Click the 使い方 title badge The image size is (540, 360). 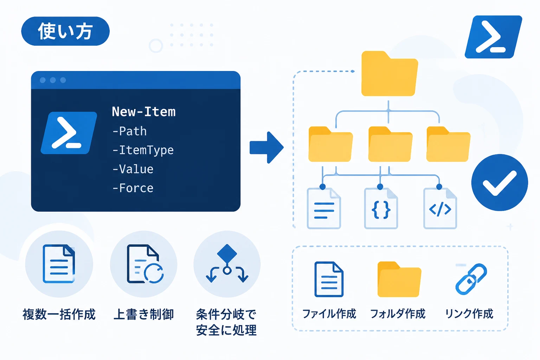(65, 31)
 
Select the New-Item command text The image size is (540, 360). (144, 112)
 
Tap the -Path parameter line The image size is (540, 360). (129, 131)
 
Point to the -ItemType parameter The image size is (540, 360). (143, 150)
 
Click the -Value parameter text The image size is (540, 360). (133, 169)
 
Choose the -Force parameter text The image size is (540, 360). (133, 188)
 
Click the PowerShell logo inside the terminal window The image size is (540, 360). (69, 133)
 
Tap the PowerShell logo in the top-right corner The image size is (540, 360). (493, 37)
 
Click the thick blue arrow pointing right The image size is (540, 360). (266, 148)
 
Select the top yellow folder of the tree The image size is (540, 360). (390, 73)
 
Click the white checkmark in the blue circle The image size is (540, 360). (500, 183)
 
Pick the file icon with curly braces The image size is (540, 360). (381, 208)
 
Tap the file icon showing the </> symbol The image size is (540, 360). (440, 208)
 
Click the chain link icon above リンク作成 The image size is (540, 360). (471, 279)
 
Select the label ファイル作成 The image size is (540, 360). (329, 314)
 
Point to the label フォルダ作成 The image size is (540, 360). (398, 314)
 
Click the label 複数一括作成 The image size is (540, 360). (59, 314)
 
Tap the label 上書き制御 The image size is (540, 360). (144, 314)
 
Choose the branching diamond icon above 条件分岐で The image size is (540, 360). (227, 264)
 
